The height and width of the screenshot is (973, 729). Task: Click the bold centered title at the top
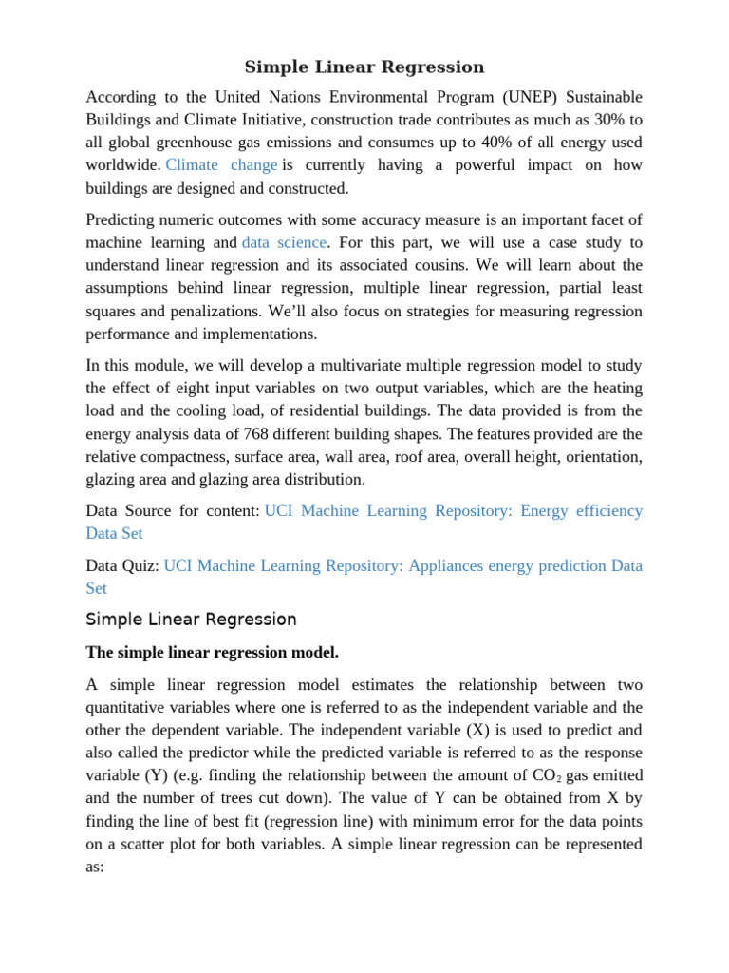(364, 67)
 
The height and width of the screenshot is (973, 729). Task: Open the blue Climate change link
(222, 165)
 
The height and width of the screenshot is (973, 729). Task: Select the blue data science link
(284, 243)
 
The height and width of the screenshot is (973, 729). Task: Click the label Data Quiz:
(122, 566)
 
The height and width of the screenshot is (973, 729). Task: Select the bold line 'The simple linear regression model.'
(212, 653)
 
